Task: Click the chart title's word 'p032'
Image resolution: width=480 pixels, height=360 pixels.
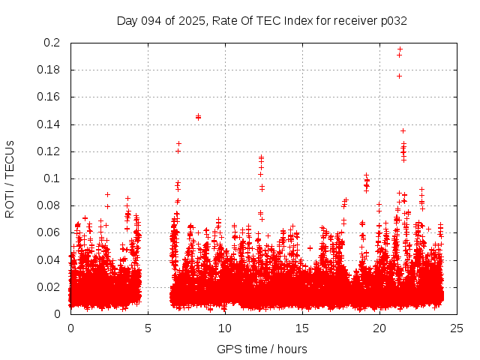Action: coord(392,20)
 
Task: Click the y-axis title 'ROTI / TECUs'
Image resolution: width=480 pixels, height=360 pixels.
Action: coord(10,178)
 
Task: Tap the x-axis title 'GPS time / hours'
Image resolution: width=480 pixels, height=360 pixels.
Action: coord(262,349)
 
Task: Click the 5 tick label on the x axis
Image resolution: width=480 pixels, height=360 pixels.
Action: coord(148,328)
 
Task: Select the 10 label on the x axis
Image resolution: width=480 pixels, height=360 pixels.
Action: coord(225,328)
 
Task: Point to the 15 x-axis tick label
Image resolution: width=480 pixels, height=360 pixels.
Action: coord(302,328)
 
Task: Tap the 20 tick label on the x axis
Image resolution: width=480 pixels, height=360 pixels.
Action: coord(379,328)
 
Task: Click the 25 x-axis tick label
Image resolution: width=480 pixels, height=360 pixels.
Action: coord(457,328)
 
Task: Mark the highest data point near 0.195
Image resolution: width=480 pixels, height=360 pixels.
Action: coord(400,49)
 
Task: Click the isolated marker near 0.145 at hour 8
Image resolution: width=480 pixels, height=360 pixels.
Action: coord(198,116)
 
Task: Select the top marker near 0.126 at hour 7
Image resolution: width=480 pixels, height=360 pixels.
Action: coord(178,143)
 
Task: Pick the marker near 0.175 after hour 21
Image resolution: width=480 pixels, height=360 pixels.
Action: coord(399,76)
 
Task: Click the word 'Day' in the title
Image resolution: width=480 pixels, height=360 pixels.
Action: coord(127,20)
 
